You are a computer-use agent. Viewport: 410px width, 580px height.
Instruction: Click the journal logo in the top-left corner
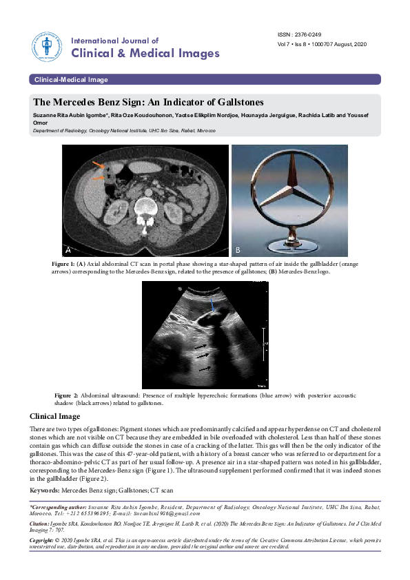point(46,46)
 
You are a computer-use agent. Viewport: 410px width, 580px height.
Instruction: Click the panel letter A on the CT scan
point(69,248)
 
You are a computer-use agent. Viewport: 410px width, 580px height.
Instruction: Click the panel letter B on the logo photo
point(238,248)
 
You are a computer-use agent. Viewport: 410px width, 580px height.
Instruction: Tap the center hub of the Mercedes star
point(289,190)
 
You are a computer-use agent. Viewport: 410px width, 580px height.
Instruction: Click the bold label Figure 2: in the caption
point(67,395)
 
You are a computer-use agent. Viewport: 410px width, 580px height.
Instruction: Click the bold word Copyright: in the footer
point(45,541)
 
